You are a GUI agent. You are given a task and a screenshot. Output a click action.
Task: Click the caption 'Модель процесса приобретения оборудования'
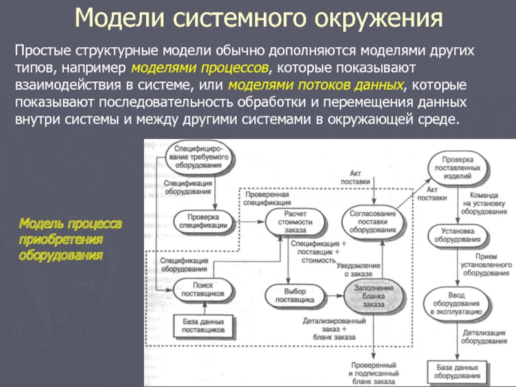coord(70,239)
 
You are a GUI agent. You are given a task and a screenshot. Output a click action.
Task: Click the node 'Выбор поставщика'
coord(294,295)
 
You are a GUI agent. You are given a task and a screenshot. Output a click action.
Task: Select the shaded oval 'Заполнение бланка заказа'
coord(373,295)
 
